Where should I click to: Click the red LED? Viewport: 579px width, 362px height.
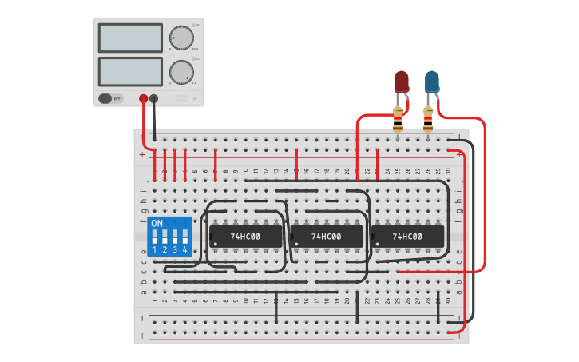(401, 81)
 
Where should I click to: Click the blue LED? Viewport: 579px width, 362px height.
(431, 81)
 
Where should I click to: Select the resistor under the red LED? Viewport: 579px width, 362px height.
(398, 119)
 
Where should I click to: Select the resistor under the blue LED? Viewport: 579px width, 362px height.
(428, 119)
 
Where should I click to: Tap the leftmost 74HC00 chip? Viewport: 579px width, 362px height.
(245, 237)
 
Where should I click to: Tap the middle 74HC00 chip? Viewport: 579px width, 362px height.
(326, 237)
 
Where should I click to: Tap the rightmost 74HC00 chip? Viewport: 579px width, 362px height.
(407, 237)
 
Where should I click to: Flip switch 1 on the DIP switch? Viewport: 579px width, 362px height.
(155, 237)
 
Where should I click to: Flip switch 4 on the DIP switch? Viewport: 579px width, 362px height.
(184, 237)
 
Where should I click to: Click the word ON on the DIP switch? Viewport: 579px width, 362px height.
(157, 223)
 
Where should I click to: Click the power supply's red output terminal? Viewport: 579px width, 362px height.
(144, 99)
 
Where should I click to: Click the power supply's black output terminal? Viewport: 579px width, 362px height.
(154, 99)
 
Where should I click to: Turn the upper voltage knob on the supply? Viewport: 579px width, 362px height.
(181, 38)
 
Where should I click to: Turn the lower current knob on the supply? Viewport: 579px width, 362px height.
(181, 72)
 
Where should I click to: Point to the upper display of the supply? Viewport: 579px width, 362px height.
(130, 38)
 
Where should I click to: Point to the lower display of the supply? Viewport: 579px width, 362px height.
(130, 71)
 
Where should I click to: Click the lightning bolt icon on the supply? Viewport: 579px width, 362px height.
(196, 99)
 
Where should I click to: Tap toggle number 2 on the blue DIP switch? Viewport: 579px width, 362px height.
(165, 237)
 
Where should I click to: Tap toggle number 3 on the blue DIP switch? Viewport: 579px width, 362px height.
(175, 237)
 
